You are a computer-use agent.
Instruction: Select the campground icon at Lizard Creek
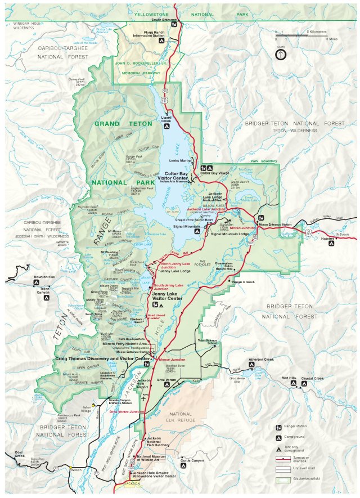click(x=165, y=127)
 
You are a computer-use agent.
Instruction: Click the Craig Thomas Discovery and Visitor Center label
click(x=103, y=358)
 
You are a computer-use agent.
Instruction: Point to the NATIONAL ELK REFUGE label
click(x=182, y=418)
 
